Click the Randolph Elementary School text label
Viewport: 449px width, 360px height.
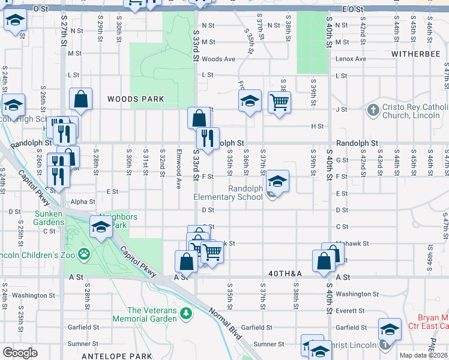pos(228,193)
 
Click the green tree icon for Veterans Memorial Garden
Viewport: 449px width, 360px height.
pos(186,313)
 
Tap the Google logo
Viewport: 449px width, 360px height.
pos(20,353)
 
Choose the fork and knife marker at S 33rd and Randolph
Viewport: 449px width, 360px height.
pos(207,139)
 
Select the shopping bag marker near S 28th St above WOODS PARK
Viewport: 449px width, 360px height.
pos(80,100)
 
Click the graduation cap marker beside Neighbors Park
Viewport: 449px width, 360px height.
pos(101,228)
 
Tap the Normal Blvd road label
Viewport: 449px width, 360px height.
pos(225,325)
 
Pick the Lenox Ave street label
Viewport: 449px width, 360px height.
pos(351,59)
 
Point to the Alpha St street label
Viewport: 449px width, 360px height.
pos(83,202)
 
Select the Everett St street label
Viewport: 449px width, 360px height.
pos(351,311)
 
